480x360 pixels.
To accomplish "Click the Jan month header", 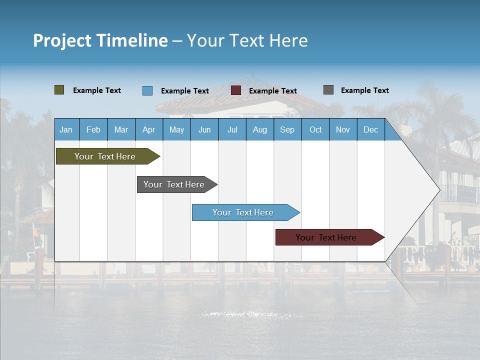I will click(x=66, y=129).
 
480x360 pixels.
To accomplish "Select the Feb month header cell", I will click(x=93, y=129).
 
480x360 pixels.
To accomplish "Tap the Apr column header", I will click(x=148, y=129).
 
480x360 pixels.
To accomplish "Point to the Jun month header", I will click(x=204, y=129).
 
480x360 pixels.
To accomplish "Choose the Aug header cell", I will click(x=259, y=129).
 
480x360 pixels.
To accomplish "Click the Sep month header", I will click(x=287, y=129).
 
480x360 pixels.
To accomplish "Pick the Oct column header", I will click(x=315, y=129).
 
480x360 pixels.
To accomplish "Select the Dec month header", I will click(x=370, y=129).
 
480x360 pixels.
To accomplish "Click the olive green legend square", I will click(x=59, y=90).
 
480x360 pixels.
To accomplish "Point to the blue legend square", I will click(x=147, y=90).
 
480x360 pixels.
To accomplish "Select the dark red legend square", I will click(x=236, y=90).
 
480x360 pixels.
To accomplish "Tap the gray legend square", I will click(x=328, y=90).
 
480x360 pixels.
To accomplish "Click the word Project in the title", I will click(x=62, y=40).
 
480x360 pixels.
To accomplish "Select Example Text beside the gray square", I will click(x=364, y=90).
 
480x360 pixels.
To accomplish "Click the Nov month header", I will click(x=342, y=129).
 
